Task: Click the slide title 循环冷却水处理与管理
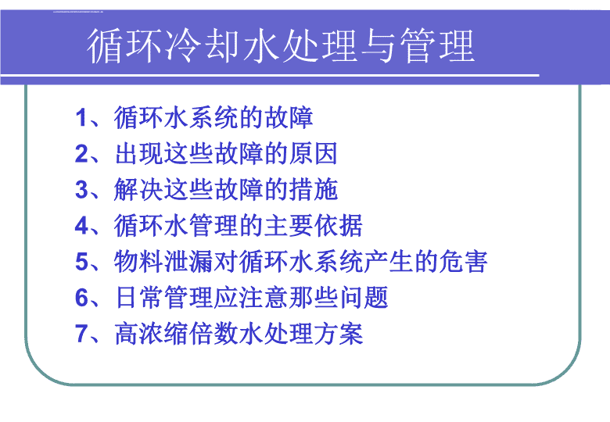281,46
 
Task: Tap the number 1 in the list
81,117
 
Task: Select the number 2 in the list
81,153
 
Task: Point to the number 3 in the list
81,190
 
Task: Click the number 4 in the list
81,225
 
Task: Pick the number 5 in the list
81,262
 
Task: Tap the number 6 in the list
81,298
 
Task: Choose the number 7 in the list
81,334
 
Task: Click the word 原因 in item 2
313,153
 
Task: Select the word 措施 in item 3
313,190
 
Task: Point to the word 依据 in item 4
339,225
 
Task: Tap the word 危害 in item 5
464,262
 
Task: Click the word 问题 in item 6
364,298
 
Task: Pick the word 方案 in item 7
339,334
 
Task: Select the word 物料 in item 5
138,262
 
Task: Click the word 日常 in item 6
138,298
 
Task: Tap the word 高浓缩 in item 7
151,334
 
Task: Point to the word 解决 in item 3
138,190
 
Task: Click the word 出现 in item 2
138,153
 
